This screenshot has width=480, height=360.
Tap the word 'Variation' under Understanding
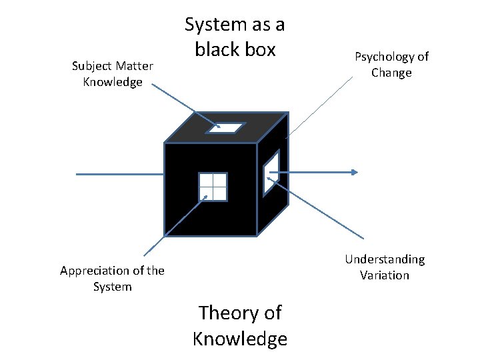(385, 275)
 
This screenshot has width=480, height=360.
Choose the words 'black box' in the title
(235, 50)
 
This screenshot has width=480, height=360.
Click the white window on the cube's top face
(226, 127)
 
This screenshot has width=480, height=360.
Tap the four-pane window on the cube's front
(213, 187)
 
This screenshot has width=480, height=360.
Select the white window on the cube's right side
(271, 172)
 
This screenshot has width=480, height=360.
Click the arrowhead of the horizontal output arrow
(355, 173)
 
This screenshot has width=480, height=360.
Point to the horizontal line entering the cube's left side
(120, 174)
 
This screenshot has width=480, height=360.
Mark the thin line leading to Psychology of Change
(320, 107)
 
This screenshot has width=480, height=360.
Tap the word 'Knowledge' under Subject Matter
(113, 83)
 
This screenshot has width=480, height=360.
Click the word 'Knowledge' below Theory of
(240, 339)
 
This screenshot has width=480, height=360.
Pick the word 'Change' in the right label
(391, 73)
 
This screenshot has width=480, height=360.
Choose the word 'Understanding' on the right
(385, 259)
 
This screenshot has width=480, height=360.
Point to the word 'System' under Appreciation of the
(112, 287)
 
